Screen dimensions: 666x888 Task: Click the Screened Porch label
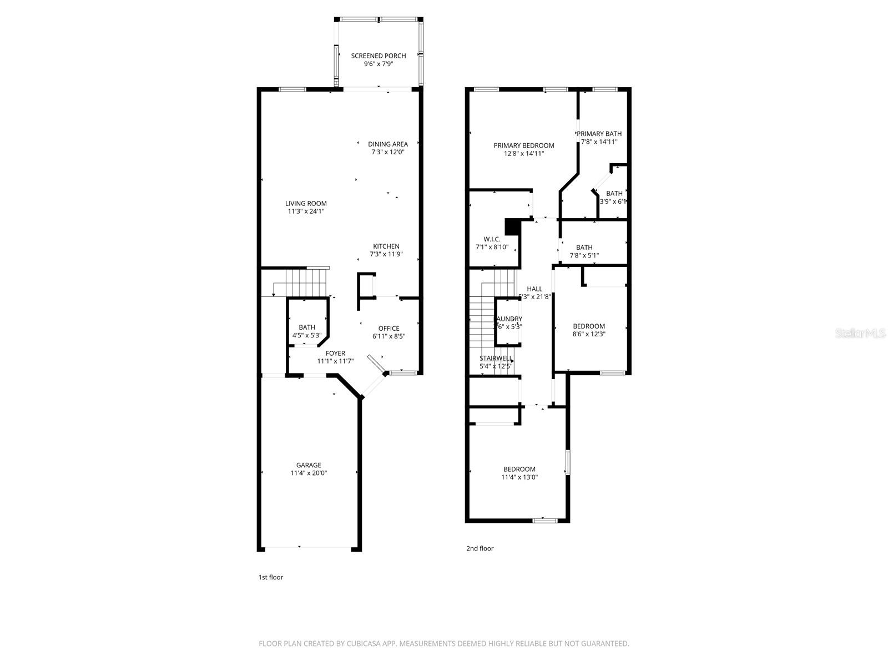378,56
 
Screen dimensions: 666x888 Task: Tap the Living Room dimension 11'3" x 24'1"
306,211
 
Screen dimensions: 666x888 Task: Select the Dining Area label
387,144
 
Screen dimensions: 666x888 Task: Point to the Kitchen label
386,246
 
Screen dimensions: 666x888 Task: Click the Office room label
389,328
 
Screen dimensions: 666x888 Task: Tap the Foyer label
335,353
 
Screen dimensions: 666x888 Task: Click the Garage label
308,465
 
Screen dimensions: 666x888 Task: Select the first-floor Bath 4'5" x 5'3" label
306,327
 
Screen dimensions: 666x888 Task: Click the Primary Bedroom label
523,145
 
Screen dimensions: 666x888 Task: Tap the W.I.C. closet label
492,239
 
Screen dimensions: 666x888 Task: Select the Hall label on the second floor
534,289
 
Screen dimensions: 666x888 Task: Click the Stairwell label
496,358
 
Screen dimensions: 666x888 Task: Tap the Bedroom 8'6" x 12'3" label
589,326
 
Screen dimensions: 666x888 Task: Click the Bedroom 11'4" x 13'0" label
519,469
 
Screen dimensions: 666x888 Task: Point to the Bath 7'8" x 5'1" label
584,248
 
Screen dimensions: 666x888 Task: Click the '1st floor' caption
270,577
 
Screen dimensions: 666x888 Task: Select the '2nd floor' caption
480,548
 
